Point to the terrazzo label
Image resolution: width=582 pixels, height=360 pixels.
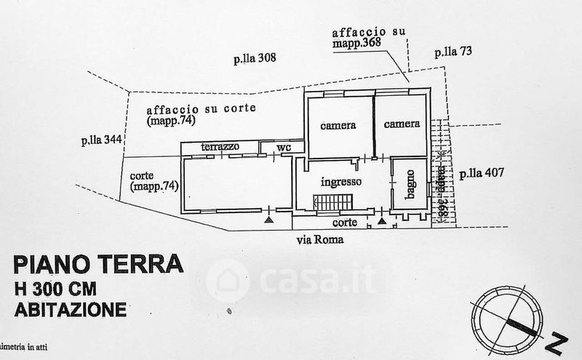(220, 147)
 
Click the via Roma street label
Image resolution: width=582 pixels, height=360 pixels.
(319, 239)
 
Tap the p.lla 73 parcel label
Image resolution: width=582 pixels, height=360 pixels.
(453, 52)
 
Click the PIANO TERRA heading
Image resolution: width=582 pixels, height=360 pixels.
(97, 263)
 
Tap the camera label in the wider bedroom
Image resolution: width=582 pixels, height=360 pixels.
(338, 125)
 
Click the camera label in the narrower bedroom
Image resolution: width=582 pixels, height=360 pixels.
(402, 124)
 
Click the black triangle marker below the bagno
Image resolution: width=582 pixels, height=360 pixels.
(382, 217)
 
